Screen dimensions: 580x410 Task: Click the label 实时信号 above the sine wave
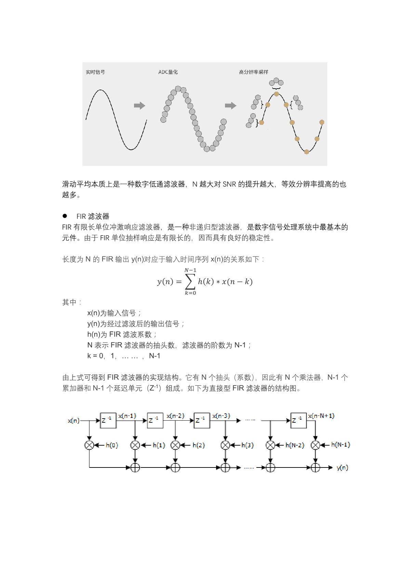(95, 72)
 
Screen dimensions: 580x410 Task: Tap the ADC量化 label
(168, 72)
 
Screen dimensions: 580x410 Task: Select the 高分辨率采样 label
(253, 72)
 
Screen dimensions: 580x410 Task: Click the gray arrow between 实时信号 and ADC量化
(140, 106)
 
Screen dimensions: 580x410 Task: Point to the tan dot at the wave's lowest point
(306, 152)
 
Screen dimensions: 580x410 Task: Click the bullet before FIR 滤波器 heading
(65, 216)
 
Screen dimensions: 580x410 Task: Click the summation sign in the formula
(190, 282)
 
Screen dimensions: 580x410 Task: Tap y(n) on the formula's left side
(165, 282)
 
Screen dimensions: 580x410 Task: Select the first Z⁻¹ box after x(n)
(108, 420)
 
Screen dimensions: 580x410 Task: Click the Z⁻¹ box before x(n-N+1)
(298, 420)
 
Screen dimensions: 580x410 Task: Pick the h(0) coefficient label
(112, 445)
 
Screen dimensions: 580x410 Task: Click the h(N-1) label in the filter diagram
(341, 445)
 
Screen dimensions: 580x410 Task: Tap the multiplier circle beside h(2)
(175, 445)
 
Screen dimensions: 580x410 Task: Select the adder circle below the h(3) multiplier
(225, 467)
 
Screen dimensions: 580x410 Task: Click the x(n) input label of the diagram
(74, 421)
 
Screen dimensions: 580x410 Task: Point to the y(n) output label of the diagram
(342, 467)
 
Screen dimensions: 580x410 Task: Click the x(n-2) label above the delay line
(175, 416)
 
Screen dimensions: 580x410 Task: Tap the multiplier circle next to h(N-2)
(270, 445)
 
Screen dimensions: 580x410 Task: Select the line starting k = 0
(124, 356)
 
